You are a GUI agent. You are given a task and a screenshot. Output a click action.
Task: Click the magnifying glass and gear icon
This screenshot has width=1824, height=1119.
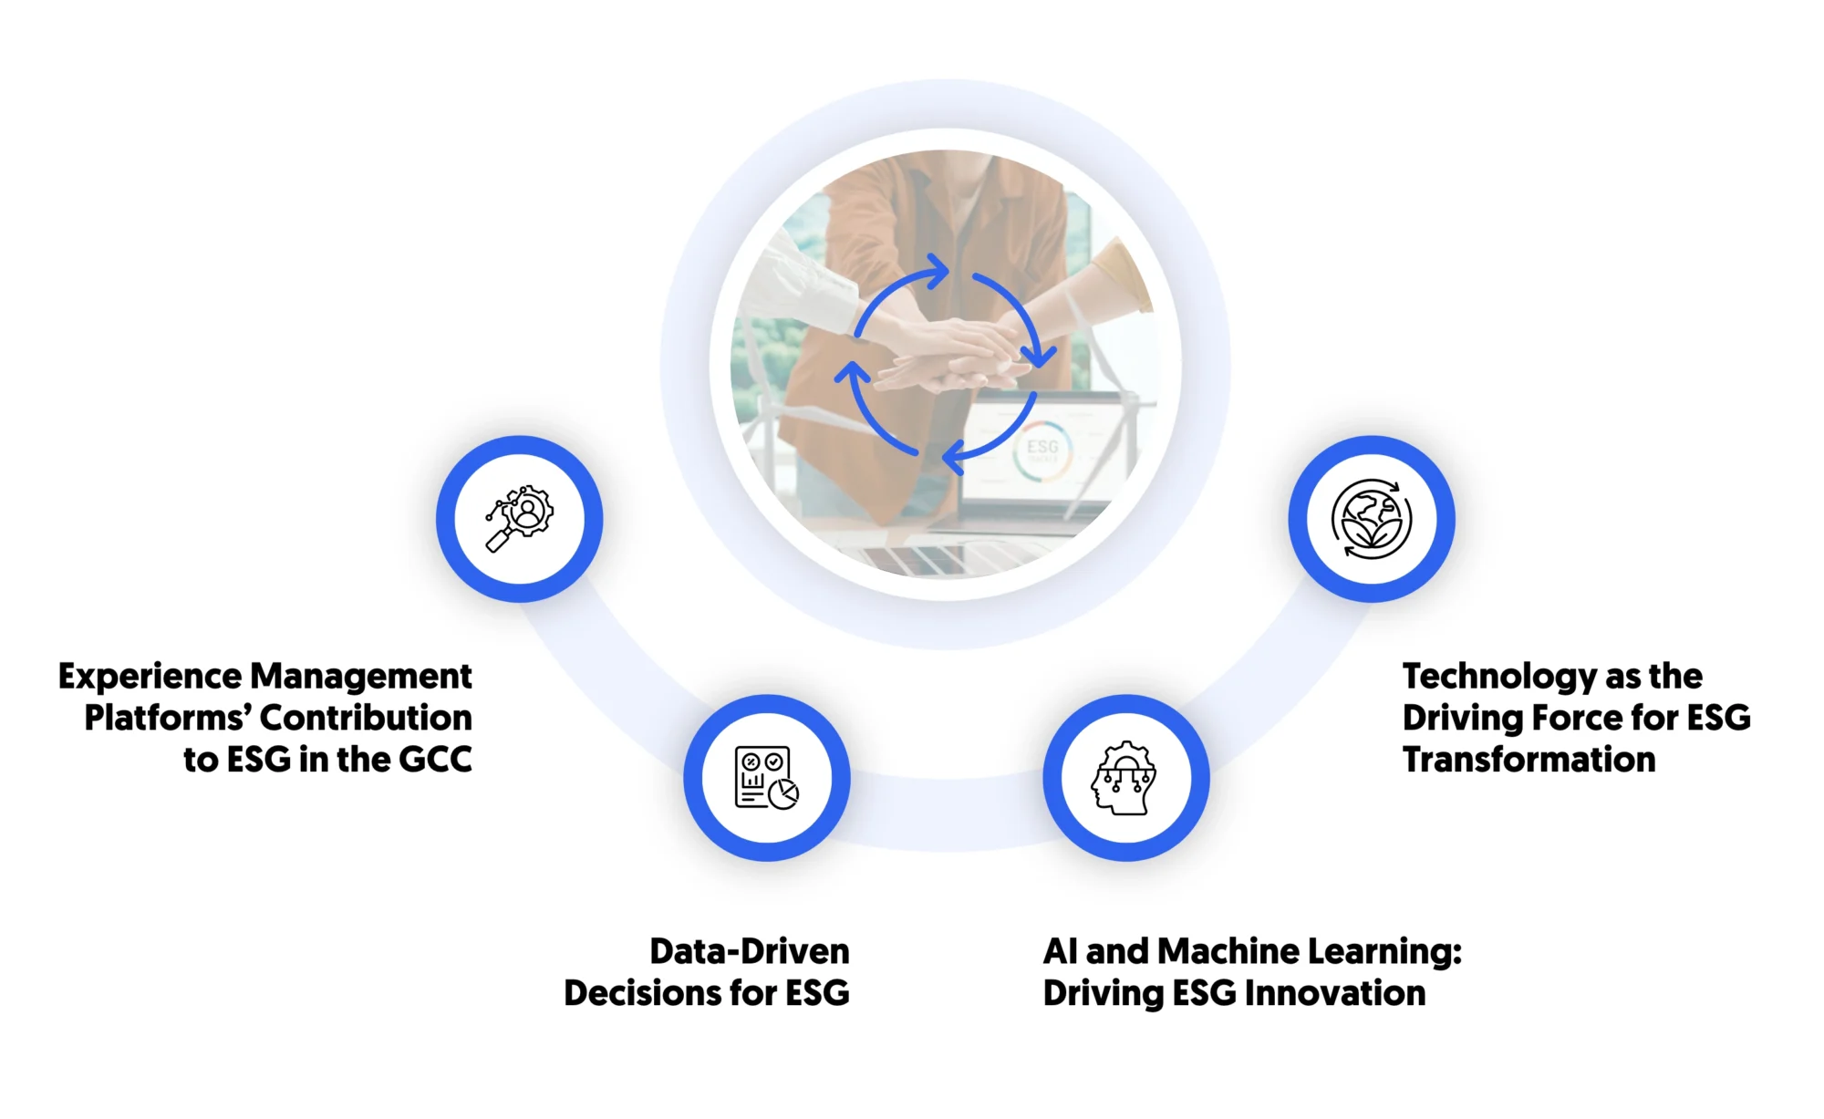[519, 518]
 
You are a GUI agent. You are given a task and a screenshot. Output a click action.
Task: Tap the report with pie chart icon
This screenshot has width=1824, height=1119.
[767, 778]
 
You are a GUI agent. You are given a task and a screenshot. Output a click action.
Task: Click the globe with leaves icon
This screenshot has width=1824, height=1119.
[1371, 518]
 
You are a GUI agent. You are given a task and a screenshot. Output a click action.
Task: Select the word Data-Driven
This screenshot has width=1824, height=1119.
[749, 951]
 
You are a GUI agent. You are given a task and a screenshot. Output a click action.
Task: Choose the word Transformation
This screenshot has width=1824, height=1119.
[1529, 760]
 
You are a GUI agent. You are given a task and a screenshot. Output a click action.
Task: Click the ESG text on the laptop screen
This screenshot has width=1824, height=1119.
[1042, 447]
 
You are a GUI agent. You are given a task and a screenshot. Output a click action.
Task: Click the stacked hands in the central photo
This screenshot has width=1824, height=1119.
[948, 356]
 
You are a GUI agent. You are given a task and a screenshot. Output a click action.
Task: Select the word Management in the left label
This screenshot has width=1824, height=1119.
[360, 677]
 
